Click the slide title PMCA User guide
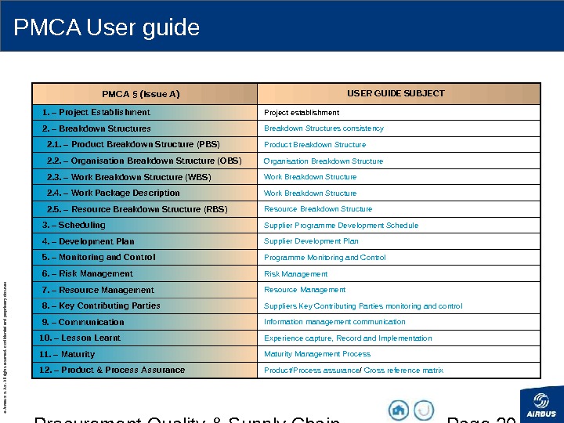(107, 28)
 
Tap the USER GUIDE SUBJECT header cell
(396, 93)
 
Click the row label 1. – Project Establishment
(96, 112)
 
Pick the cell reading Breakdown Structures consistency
(324, 128)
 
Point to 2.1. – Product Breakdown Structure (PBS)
(133, 144)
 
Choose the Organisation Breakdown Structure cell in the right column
(324, 161)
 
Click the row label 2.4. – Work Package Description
(114, 193)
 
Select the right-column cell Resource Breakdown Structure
(318, 209)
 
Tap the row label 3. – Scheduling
(74, 225)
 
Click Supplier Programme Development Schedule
(341, 226)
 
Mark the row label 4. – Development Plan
(89, 241)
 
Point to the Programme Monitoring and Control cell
(324, 257)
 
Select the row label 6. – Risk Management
(88, 273)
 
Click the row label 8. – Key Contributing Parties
(101, 305)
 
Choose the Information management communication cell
(334, 322)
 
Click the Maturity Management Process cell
(317, 354)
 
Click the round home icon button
(399, 410)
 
